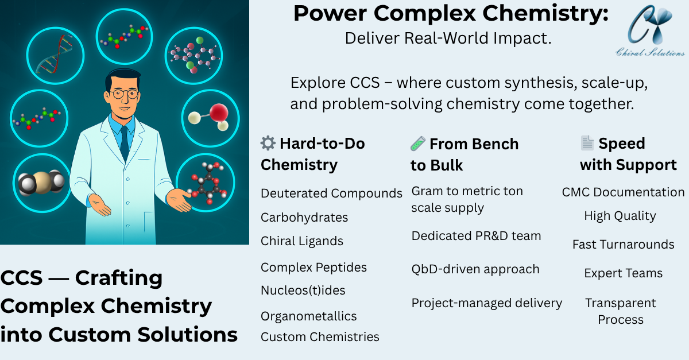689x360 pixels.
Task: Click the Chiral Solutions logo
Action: click(x=650, y=31)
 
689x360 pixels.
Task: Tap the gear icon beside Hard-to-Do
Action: click(x=268, y=143)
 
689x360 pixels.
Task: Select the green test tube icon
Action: click(x=418, y=144)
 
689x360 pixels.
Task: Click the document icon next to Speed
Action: click(x=587, y=143)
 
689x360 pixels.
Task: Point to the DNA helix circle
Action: click(x=55, y=55)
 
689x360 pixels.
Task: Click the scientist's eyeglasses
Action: click(x=125, y=94)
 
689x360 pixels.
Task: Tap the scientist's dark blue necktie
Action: click(x=125, y=143)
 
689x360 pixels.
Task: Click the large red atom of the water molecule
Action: click(x=219, y=113)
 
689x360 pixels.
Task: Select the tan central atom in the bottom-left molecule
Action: click(x=42, y=183)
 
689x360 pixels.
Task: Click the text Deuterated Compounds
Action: click(x=331, y=193)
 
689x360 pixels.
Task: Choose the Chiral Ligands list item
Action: click(x=302, y=241)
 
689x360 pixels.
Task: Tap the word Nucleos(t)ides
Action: click(x=303, y=291)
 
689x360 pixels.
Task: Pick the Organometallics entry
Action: click(x=308, y=316)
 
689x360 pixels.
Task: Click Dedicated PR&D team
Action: click(x=476, y=236)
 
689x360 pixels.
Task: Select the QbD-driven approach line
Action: click(x=475, y=269)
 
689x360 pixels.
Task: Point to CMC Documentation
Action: click(x=623, y=192)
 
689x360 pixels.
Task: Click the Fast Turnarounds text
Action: click(x=623, y=245)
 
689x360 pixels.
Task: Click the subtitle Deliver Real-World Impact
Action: click(x=448, y=38)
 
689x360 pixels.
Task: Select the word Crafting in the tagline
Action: click(x=119, y=278)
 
